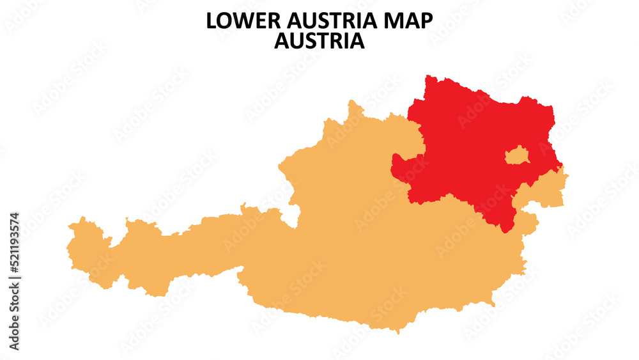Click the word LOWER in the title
pyautogui.click(x=236, y=21)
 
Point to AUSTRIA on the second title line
pyautogui.click(x=319, y=41)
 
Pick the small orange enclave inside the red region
pyautogui.click(x=517, y=155)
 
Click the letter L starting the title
pyautogui.click(x=211, y=21)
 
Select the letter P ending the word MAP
pyautogui.click(x=426, y=21)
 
